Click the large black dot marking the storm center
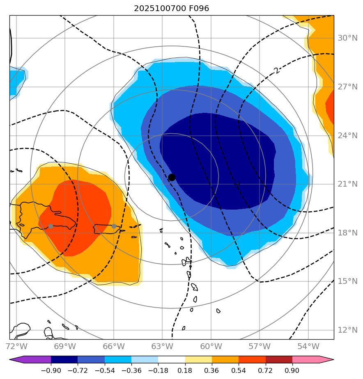[172, 177]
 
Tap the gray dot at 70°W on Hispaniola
[51, 226]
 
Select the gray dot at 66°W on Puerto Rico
[114, 226]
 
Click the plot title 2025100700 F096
[172, 9]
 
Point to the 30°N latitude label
[347, 38]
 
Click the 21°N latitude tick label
[347, 184]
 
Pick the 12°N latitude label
[347, 330]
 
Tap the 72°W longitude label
[16, 346]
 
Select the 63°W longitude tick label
[162, 346]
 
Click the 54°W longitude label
[308, 346]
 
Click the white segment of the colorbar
[172, 360]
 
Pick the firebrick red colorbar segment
[279, 360]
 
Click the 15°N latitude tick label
[347, 281]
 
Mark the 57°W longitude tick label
[260, 346]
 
